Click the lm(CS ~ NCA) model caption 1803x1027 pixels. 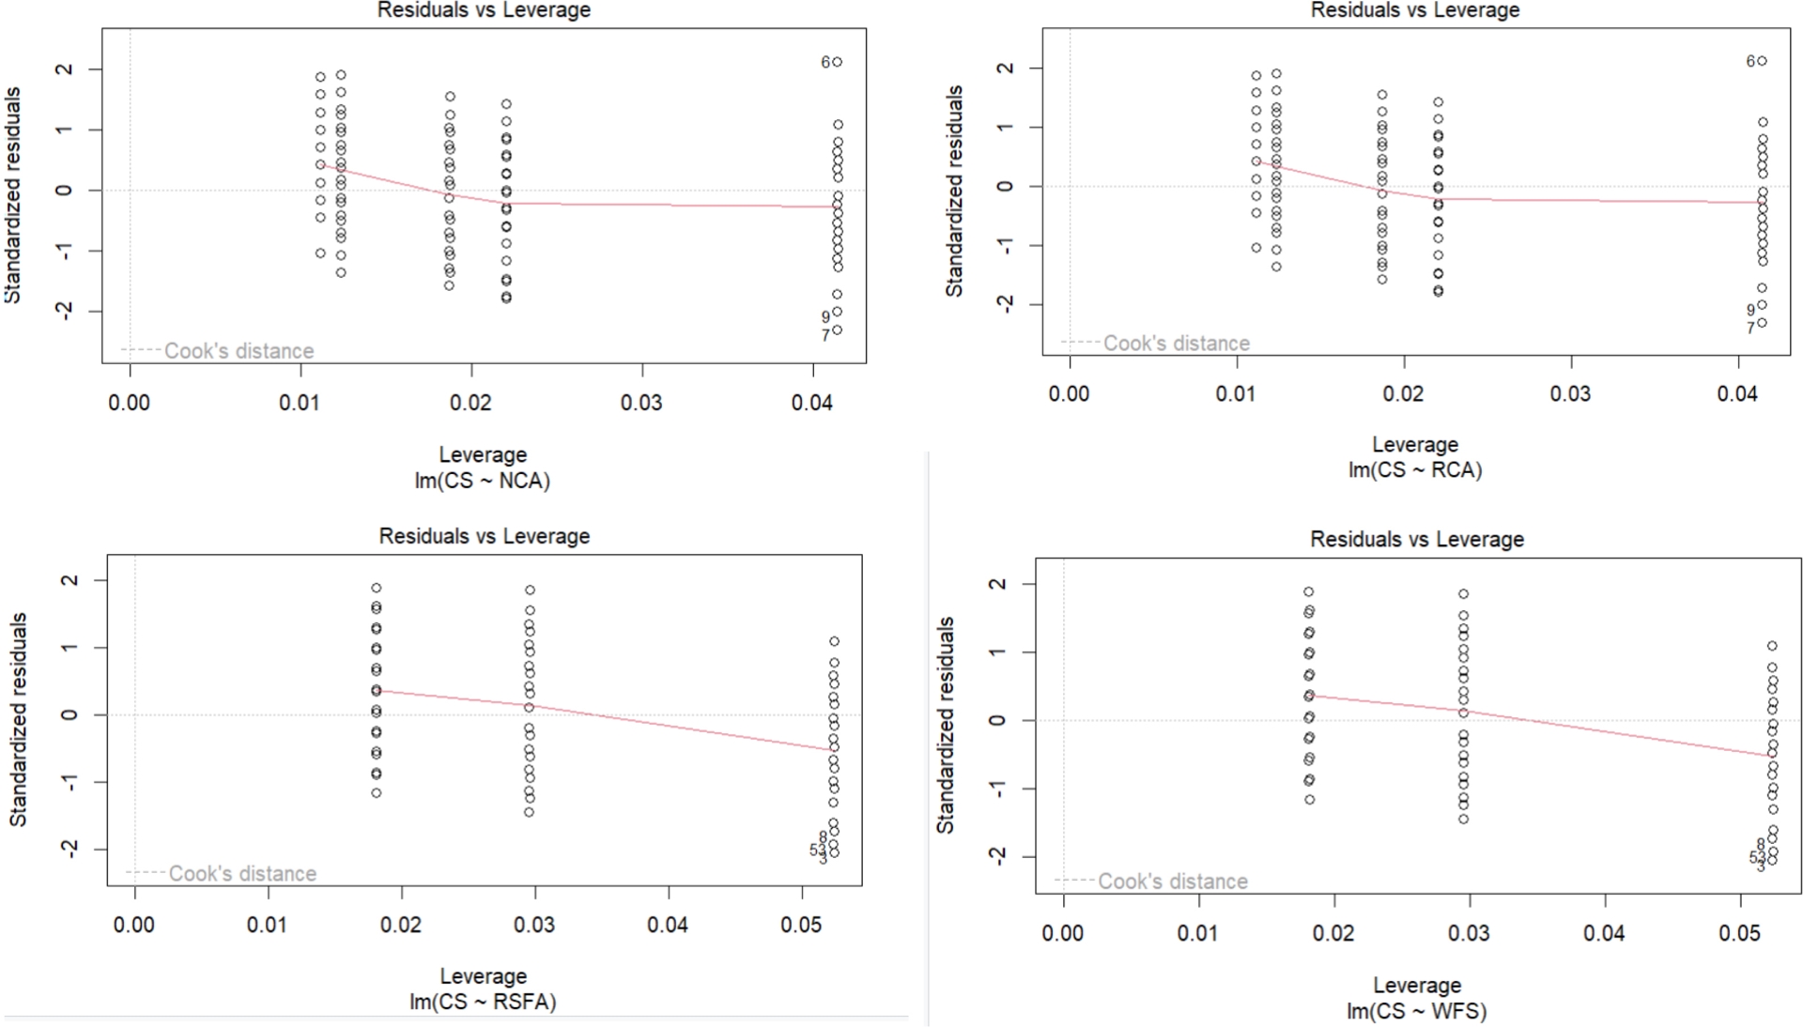coord(483,481)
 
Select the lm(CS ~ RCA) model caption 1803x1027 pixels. coord(1415,469)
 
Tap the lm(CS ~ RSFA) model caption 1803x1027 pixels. coord(483,1002)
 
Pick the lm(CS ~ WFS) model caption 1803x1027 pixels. coord(1417,1011)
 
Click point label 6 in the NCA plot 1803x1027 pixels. coord(825,62)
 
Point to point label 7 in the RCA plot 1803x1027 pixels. coord(1750,329)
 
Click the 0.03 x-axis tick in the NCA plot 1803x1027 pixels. coord(641,403)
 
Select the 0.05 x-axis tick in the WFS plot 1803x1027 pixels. coord(1740,933)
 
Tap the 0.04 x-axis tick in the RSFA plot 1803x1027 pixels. coord(668,925)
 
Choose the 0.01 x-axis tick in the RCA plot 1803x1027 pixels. coord(1236,393)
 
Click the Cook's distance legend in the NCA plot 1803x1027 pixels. coord(239,351)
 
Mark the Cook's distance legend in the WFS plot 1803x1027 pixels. coord(1172,881)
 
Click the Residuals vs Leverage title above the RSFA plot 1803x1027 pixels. coord(485,536)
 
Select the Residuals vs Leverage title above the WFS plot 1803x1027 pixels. coord(1417,540)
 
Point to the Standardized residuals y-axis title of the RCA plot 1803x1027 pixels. coord(955,192)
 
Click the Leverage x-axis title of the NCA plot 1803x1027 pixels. coord(483,454)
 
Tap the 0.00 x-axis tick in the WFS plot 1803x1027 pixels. coord(1063,933)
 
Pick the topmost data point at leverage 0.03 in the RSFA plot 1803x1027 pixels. coord(530,590)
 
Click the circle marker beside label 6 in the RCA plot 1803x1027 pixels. coord(1763,61)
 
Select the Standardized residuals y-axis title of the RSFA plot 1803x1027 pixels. coord(19,719)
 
